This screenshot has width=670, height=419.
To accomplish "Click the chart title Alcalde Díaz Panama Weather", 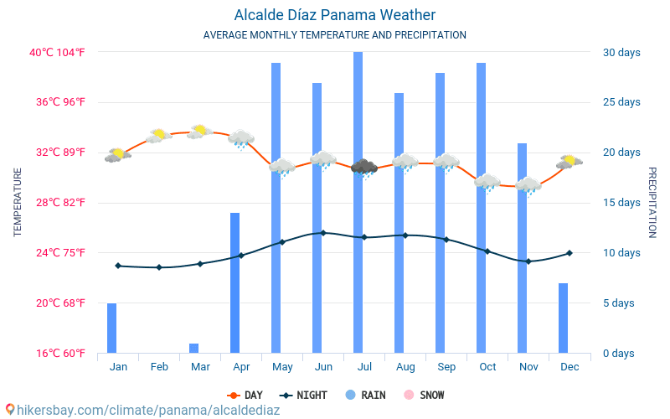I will tap(334, 15).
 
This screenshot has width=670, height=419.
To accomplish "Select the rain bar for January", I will tap(111, 328).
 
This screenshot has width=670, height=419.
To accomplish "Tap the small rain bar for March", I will tap(193, 348).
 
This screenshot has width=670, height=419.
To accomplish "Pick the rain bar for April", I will tap(235, 282).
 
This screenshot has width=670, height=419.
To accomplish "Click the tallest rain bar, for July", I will tap(358, 202).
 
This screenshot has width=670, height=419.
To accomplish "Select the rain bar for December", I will tap(563, 318).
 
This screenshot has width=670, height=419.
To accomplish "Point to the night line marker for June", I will tap(323, 233).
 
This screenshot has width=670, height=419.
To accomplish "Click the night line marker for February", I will tap(159, 267).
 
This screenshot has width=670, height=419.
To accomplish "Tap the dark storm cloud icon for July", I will tap(363, 168).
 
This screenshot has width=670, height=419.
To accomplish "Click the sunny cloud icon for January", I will tap(118, 155).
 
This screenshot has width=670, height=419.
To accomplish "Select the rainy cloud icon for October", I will tap(487, 182).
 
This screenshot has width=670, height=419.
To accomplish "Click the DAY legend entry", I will tap(245, 395).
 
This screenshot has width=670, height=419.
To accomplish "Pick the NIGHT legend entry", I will tap(305, 395).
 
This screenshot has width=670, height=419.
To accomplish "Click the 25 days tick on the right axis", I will tap(621, 102).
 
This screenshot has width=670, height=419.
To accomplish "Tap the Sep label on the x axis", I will tap(446, 367).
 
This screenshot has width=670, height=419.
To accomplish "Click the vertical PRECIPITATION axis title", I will tap(653, 202).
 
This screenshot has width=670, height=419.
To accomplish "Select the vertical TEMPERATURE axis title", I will tap(18, 202).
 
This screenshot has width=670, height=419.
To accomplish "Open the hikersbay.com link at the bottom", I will tap(142, 411).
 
